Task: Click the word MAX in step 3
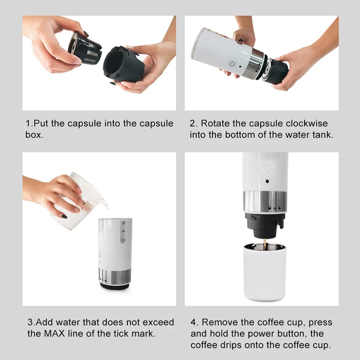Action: (55, 333)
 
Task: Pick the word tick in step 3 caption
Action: (122, 333)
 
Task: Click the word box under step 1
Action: (34, 135)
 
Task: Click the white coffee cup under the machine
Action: (265, 274)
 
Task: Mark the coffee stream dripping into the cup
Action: (265, 243)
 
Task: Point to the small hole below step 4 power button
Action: (268, 181)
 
